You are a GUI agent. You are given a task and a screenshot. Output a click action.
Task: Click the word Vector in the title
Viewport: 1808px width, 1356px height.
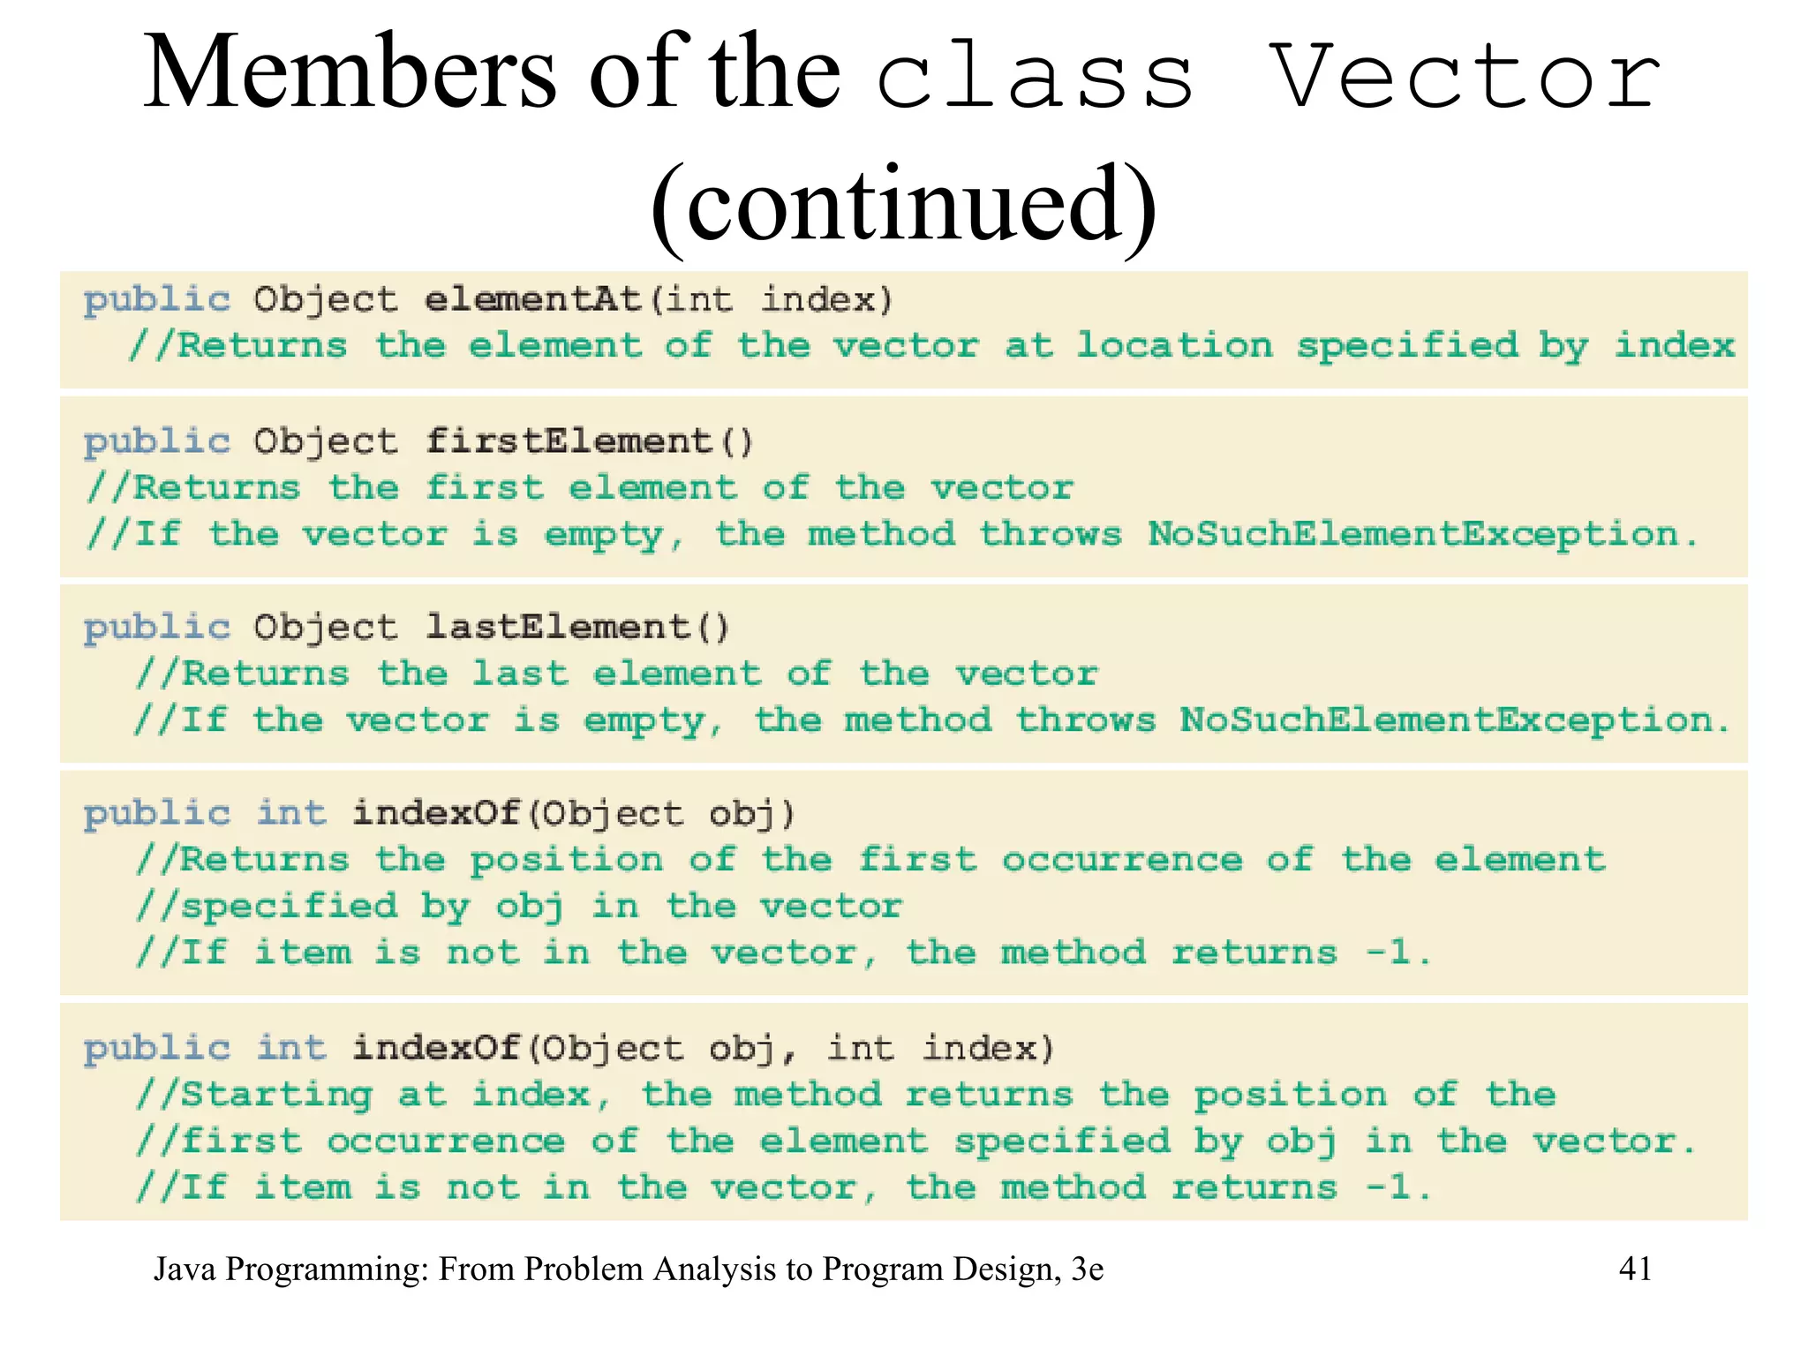tap(1465, 76)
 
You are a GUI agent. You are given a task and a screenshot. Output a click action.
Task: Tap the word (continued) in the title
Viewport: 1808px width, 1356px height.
tap(903, 205)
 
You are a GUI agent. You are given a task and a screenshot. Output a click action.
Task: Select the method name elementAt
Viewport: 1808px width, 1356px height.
tap(532, 299)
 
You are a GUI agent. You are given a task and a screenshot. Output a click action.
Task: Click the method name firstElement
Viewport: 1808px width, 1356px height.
tap(568, 441)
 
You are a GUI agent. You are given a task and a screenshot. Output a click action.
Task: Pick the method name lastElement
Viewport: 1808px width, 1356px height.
tap(557, 627)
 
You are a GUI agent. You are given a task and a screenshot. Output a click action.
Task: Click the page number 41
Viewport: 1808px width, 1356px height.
tap(1635, 1269)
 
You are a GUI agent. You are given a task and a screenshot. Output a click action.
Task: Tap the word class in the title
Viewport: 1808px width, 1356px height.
tap(1035, 76)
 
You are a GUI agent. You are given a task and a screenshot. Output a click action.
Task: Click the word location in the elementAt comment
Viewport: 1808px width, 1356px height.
tap(1174, 345)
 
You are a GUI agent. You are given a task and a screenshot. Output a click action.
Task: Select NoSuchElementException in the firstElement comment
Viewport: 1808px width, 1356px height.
tap(1412, 533)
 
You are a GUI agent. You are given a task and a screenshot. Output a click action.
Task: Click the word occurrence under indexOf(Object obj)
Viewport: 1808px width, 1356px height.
tap(1121, 859)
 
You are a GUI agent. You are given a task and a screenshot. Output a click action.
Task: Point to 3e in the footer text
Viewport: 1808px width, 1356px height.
tap(1087, 1269)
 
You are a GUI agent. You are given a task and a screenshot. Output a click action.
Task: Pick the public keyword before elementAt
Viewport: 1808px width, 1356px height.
tap(157, 300)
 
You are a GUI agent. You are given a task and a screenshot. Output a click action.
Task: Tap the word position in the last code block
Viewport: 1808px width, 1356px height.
tap(1290, 1096)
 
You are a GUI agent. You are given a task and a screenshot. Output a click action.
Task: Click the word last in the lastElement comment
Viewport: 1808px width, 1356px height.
tap(519, 674)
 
